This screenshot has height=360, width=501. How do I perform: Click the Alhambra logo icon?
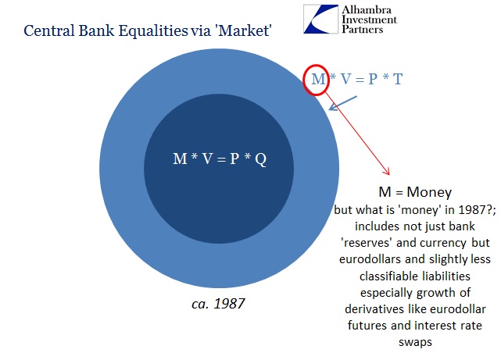[320, 19]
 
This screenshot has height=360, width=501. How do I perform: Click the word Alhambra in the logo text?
[367, 10]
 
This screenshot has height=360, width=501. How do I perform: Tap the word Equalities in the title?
[153, 31]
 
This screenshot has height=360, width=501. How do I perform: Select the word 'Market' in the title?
[244, 30]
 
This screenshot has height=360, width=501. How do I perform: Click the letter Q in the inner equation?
[261, 159]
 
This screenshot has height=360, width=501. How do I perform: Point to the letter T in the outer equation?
[398, 79]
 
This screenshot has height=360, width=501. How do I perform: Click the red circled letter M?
[318, 79]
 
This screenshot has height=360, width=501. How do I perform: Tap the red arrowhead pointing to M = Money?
[387, 172]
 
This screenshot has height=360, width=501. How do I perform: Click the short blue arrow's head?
[333, 108]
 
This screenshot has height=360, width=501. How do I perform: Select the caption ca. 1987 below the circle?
[218, 304]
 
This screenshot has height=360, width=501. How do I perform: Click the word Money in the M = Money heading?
[429, 192]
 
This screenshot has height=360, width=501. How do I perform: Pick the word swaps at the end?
[415, 343]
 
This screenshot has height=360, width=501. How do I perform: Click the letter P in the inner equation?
[234, 159]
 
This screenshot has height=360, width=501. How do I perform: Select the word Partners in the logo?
[363, 29]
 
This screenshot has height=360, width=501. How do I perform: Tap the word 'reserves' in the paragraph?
[367, 243]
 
